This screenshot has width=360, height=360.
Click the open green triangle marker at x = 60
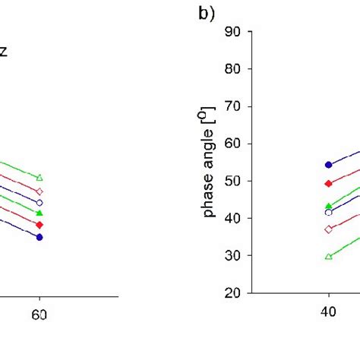tap(39, 178)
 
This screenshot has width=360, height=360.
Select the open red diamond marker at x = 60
tap(39, 191)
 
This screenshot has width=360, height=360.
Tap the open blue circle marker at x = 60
tap(39, 203)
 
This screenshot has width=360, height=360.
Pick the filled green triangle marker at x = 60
tap(39, 213)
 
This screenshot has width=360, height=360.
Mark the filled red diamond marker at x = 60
tap(39, 225)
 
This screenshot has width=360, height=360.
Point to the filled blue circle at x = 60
tap(39, 237)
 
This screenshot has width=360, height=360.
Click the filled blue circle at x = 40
tap(328, 165)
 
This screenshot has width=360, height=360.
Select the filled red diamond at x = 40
tap(328, 184)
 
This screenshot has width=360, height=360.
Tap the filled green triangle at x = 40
tap(328, 206)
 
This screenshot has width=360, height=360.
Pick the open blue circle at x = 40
tap(328, 213)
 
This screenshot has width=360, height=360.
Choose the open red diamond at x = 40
tap(328, 229)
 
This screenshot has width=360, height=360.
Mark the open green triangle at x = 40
tap(328, 256)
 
